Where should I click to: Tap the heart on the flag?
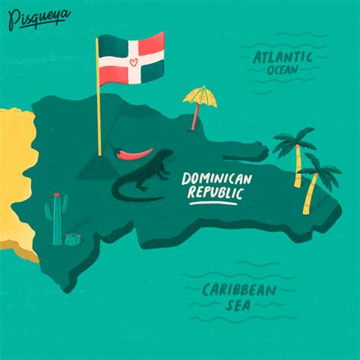131,59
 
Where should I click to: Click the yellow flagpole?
99,99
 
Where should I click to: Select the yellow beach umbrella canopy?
200,96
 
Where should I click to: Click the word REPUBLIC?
216,194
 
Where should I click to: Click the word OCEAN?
282,71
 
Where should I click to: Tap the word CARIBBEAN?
238,289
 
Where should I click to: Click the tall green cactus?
58,221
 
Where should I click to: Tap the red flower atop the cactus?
55,195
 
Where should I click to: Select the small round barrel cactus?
72,239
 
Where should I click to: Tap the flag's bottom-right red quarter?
150,71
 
